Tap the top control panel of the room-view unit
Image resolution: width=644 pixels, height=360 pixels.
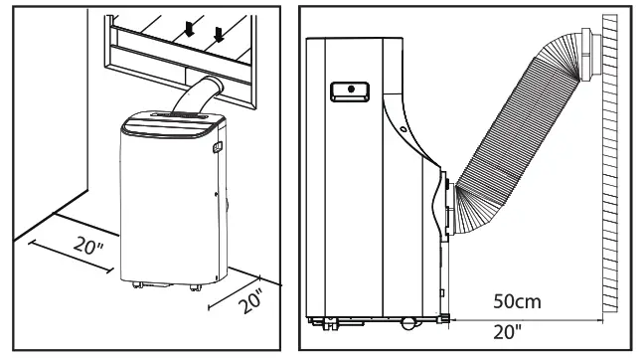[x=168, y=124]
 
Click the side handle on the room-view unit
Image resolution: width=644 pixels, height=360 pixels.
[x=217, y=149]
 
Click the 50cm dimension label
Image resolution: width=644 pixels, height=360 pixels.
[x=515, y=299]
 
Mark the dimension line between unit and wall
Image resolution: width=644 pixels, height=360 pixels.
[x=527, y=317]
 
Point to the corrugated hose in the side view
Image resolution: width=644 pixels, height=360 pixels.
[x=517, y=139]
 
